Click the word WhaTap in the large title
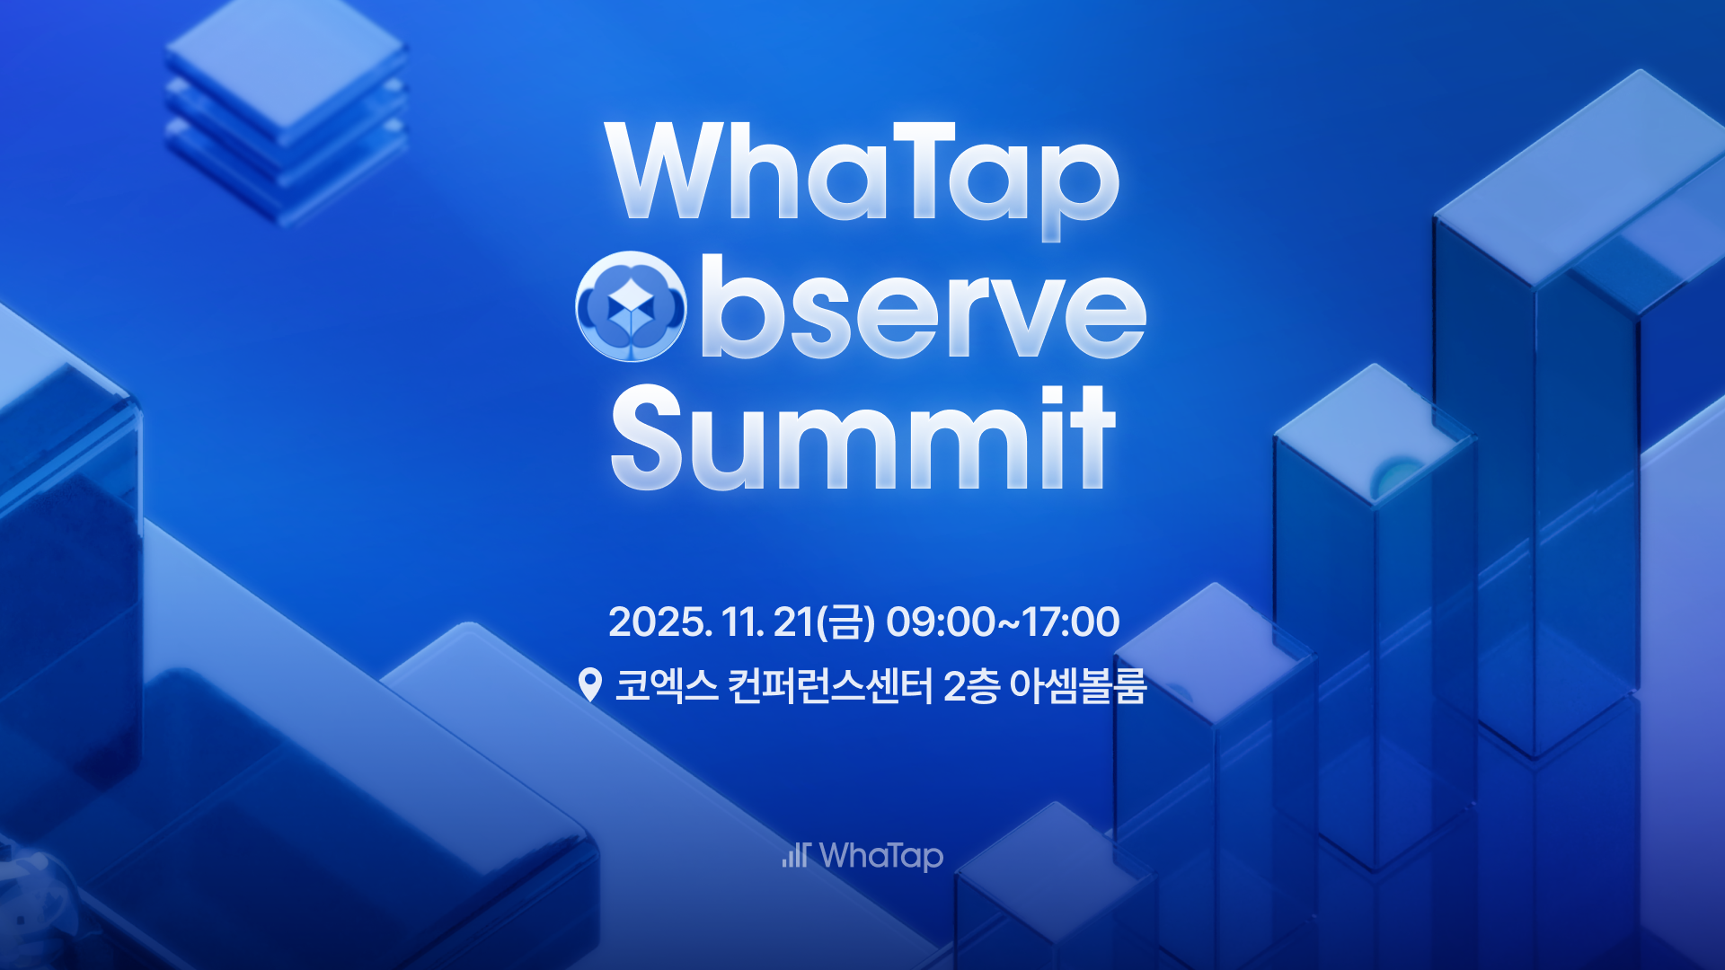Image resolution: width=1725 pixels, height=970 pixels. point(862,180)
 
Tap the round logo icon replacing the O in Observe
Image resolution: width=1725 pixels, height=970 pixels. point(631,306)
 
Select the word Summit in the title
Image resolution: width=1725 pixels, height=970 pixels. point(862,437)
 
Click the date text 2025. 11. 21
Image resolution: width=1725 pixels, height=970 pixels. point(711,622)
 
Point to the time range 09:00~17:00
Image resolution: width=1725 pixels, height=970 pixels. point(1003,622)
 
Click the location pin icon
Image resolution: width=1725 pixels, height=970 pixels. point(590,685)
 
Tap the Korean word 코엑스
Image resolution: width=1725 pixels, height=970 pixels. point(667,686)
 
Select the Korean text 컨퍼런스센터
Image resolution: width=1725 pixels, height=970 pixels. point(830,686)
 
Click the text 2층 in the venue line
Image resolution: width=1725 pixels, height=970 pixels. point(971,686)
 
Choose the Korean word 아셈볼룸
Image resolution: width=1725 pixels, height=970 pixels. point(1078,686)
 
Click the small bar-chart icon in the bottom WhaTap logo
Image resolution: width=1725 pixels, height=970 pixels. point(796,855)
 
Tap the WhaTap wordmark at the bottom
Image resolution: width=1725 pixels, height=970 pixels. point(881,856)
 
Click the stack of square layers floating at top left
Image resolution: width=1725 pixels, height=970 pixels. point(286,112)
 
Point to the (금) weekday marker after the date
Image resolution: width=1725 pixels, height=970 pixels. point(845,622)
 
